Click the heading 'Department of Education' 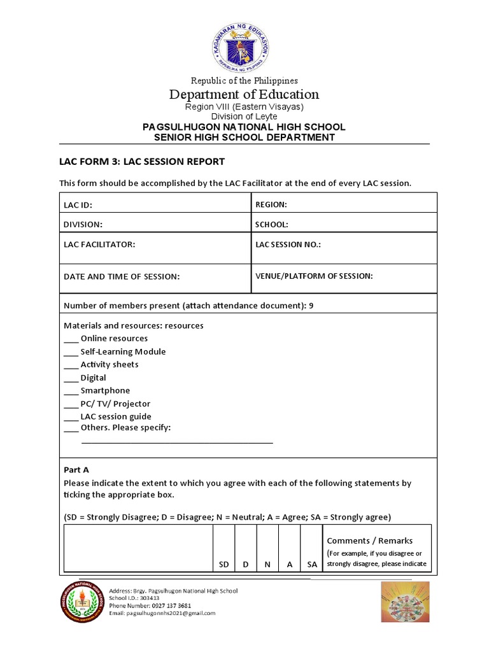pos(244,95)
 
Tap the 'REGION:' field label pos(271,204)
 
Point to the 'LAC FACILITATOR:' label pos(99,244)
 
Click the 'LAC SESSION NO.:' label pos(288,244)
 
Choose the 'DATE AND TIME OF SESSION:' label pos(122,276)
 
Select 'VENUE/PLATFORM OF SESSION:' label pos(314,276)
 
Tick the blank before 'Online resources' pos(71,339)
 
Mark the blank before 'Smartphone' pos(71,392)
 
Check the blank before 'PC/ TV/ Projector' pos(71,404)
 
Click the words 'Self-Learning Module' pos(123,351)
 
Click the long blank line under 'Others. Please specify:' pos(177,441)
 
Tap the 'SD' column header pos(223,565)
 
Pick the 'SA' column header pos(311,565)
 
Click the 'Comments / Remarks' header pos(370,541)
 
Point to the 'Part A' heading pos(76,469)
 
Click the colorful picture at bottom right pos(405,602)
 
